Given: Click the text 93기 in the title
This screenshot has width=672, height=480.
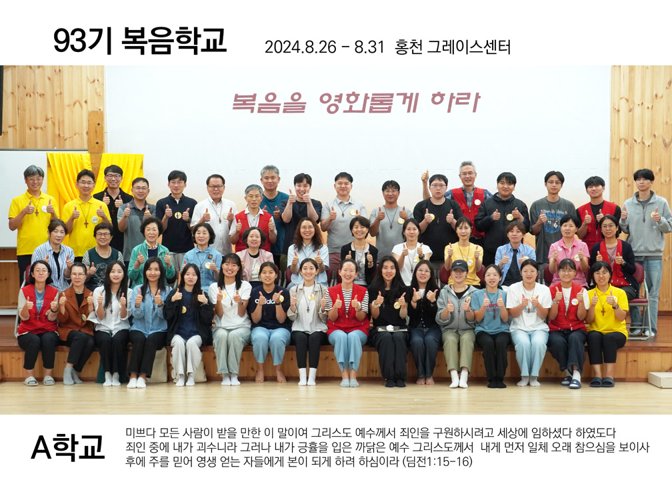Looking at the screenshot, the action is [83, 41].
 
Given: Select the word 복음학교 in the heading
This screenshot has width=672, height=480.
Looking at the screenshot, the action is [173, 41].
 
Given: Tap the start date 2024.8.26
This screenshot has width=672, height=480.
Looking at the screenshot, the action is [301, 47].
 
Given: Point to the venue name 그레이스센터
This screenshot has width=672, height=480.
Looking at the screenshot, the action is [469, 47].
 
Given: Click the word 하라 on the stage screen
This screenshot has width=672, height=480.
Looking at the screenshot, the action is [455, 102].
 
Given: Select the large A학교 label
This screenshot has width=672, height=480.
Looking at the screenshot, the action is [68, 447].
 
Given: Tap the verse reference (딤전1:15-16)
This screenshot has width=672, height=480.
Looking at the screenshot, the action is [437, 461].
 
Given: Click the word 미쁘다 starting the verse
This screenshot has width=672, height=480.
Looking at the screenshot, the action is [140, 433].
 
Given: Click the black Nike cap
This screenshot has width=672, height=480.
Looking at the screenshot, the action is [459, 266].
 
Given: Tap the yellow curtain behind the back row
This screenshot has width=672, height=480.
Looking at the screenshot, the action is [95, 176].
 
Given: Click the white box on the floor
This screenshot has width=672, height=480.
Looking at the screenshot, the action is [660, 380].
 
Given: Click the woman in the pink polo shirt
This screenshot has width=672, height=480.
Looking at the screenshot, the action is [569, 251].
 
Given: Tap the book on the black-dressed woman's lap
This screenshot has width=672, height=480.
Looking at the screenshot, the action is [391, 329].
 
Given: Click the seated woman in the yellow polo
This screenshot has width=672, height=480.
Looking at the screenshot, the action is [605, 322].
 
